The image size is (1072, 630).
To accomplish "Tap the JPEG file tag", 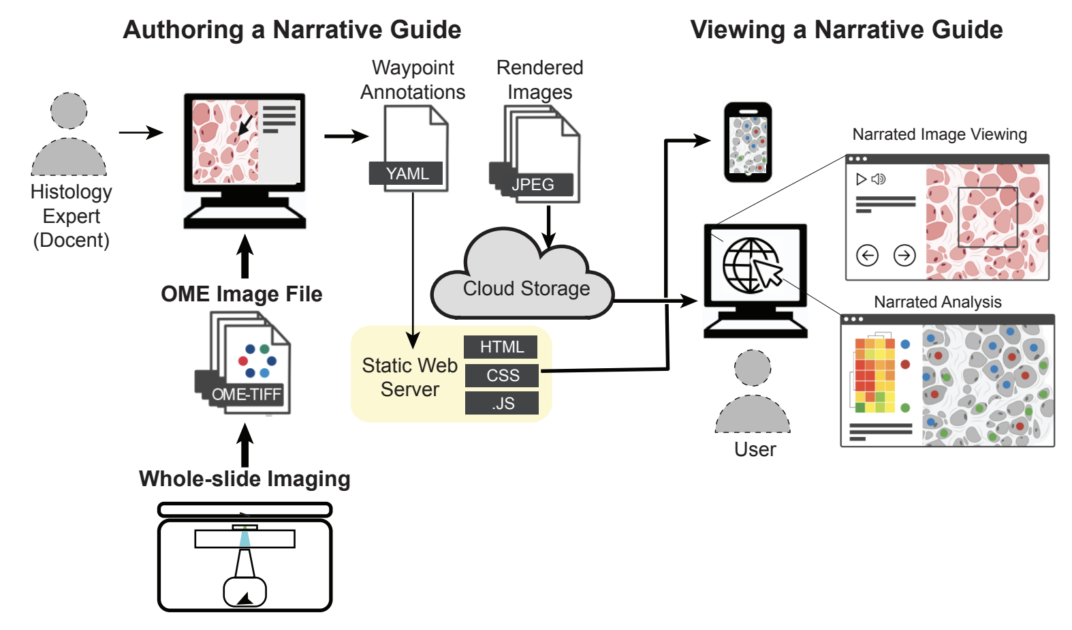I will click(x=533, y=185).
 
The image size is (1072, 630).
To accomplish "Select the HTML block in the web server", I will click(x=501, y=347).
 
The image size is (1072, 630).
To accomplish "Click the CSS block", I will click(x=502, y=376).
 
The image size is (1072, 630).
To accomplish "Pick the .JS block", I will click(x=502, y=404).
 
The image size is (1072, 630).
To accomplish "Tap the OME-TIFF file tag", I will click(x=246, y=394).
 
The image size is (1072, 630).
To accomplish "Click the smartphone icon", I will click(x=748, y=142).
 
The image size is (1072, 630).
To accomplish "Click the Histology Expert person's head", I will click(x=69, y=110).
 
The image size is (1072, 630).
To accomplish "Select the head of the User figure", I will click(x=753, y=368).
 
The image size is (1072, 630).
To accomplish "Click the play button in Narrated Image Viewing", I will click(x=861, y=179).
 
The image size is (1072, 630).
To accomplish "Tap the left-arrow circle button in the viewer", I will click(x=867, y=256).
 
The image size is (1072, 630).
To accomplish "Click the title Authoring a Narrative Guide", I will click(x=291, y=30).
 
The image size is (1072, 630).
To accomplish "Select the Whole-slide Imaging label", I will click(x=245, y=479).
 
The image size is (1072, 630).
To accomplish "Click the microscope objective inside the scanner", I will click(x=245, y=563).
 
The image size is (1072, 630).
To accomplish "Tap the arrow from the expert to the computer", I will click(x=141, y=132).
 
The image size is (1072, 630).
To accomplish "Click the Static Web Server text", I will click(x=409, y=377).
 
